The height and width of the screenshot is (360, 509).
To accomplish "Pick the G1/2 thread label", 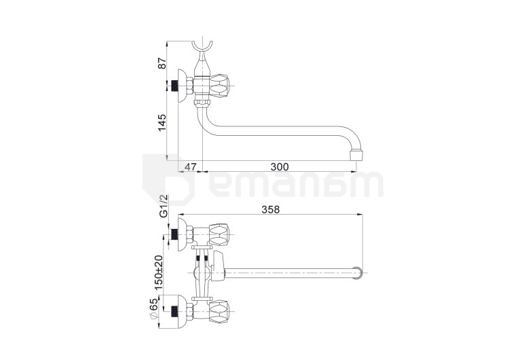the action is [x=163, y=206].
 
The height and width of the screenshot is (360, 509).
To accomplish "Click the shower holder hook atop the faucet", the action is [x=202, y=48].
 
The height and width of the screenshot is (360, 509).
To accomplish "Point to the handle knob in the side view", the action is [x=220, y=86].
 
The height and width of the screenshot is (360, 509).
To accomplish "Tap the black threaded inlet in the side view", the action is [x=174, y=86].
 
